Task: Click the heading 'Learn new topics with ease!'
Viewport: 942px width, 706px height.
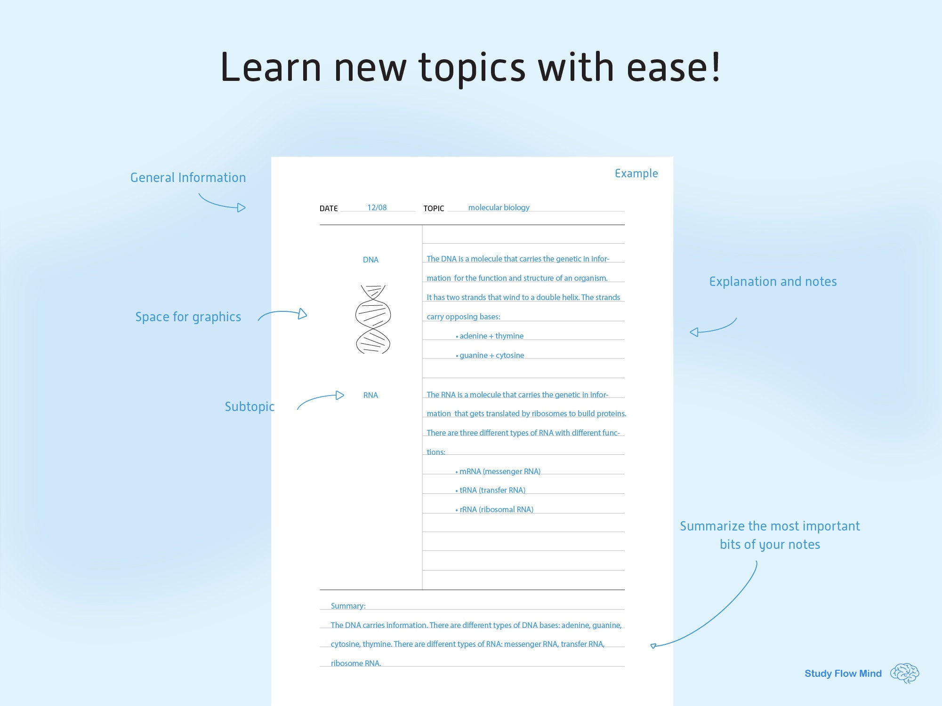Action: [x=470, y=67]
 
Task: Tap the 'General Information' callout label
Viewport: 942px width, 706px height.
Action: [x=188, y=178]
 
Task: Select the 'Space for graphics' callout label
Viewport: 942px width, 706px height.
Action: [x=188, y=317]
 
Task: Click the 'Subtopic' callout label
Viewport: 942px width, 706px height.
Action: [x=250, y=406]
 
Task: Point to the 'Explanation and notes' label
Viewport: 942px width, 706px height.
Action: [x=773, y=282]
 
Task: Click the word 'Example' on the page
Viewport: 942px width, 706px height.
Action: [x=636, y=174]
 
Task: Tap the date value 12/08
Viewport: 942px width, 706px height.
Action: [x=377, y=207]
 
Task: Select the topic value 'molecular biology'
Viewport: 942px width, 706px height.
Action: [x=499, y=207]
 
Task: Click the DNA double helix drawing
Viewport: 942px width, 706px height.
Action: [x=373, y=319]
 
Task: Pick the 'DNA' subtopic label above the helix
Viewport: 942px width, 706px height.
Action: [x=370, y=260]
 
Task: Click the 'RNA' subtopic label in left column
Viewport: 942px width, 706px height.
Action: [x=370, y=395]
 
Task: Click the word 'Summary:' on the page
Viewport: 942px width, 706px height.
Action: [x=348, y=606]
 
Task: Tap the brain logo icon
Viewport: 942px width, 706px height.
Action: [x=904, y=673]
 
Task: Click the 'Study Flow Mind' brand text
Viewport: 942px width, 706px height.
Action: [x=843, y=674]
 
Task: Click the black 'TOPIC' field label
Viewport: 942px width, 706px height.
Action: [x=434, y=208]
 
